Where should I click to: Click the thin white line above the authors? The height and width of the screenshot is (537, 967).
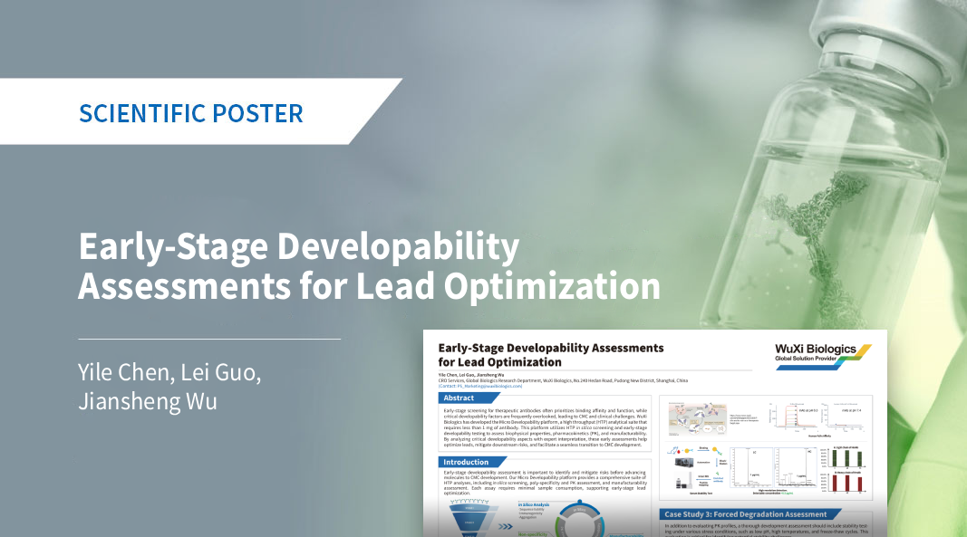209,339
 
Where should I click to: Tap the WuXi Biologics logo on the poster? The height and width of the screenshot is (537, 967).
821,355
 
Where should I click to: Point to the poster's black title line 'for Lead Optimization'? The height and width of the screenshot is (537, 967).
499,362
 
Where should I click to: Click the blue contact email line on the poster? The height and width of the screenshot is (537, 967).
480,387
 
